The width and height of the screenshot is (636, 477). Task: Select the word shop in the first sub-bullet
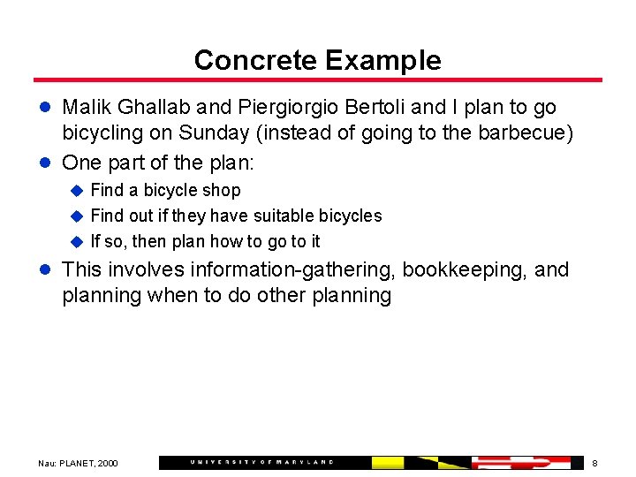click(x=222, y=190)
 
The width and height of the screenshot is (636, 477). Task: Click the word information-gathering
click(x=293, y=269)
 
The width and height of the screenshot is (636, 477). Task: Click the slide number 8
click(x=594, y=463)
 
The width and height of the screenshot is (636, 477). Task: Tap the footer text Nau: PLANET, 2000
click(x=78, y=463)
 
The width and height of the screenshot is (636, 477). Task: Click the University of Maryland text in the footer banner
click(x=261, y=462)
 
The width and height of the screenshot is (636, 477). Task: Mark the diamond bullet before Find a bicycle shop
click(x=77, y=190)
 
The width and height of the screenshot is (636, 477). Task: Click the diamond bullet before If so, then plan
click(x=77, y=241)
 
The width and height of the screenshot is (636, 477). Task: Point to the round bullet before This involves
click(x=48, y=270)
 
